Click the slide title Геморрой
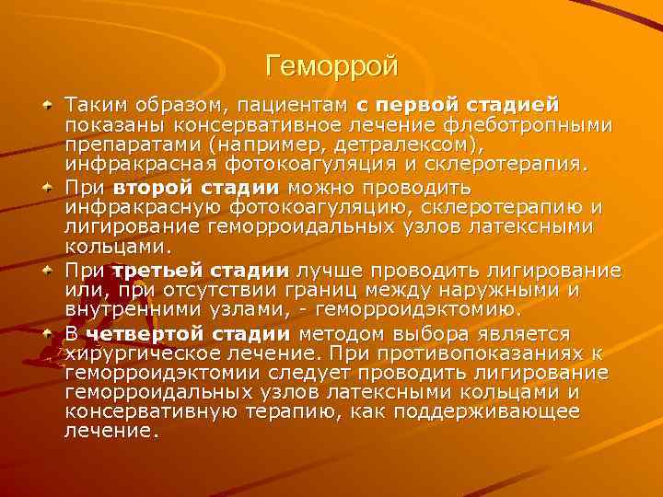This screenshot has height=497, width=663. [x=331, y=66]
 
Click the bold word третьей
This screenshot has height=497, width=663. [x=158, y=271]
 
